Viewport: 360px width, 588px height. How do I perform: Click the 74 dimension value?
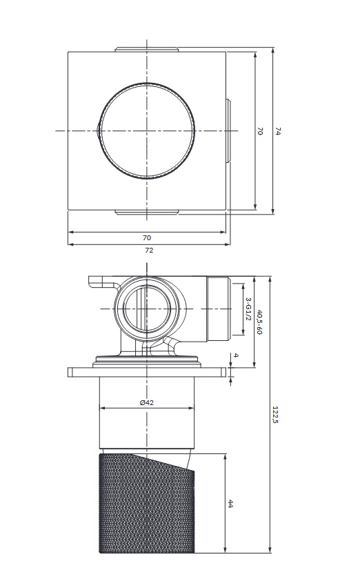pos(277,131)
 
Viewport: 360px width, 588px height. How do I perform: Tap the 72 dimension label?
pos(149,251)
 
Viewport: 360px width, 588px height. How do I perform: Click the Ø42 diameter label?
pos(147,403)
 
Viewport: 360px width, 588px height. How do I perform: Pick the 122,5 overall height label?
pos(276,415)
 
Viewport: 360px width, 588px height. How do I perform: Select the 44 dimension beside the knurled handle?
pos(230,504)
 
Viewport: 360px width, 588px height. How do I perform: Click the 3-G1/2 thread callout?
pos(248,309)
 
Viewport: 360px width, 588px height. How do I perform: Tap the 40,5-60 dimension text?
pos(259,322)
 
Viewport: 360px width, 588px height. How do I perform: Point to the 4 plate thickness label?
pos(236,355)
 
